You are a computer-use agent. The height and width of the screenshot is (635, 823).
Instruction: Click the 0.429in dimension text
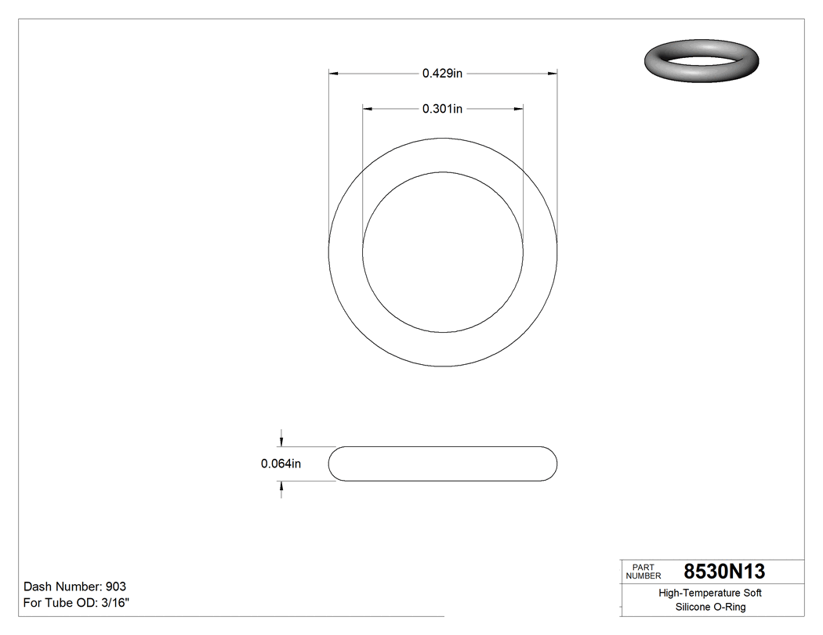(x=442, y=74)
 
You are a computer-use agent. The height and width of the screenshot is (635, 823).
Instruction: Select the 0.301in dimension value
(x=442, y=110)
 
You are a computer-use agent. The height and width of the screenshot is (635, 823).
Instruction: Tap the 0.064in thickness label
(x=281, y=464)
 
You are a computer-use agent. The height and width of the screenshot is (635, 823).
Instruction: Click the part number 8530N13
(x=724, y=572)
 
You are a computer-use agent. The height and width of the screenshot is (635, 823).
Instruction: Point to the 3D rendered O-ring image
(x=702, y=61)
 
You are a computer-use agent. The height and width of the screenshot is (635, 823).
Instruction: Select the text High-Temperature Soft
(x=710, y=594)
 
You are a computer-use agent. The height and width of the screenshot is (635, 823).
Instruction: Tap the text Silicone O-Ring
(x=710, y=608)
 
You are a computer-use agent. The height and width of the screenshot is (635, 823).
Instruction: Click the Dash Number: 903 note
(x=75, y=586)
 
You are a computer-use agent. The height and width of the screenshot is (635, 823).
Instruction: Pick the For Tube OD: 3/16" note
(x=77, y=603)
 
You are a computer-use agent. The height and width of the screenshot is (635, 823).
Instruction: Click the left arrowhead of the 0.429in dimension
(x=332, y=74)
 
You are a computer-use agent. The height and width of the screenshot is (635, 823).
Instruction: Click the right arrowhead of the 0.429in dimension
(x=553, y=74)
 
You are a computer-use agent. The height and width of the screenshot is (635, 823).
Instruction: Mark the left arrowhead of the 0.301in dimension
(x=367, y=110)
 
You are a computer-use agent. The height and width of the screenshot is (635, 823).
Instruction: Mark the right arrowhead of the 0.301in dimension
(x=518, y=110)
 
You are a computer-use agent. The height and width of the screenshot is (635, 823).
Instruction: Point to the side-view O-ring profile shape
(x=442, y=464)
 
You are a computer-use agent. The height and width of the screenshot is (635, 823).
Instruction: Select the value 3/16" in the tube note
(x=114, y=603)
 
